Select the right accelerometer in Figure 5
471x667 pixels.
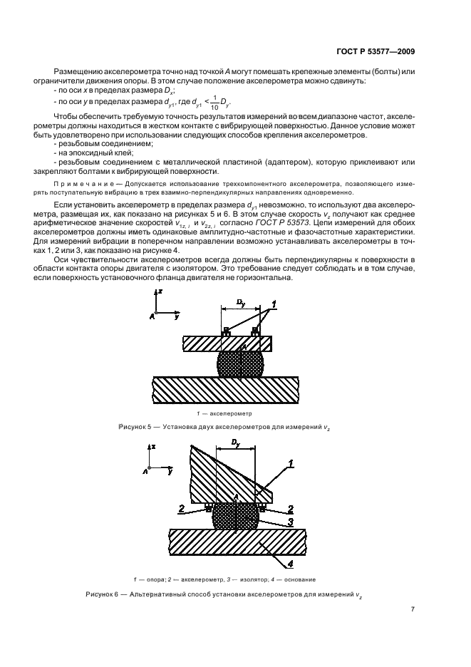256,331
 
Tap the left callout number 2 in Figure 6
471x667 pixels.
182,509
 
